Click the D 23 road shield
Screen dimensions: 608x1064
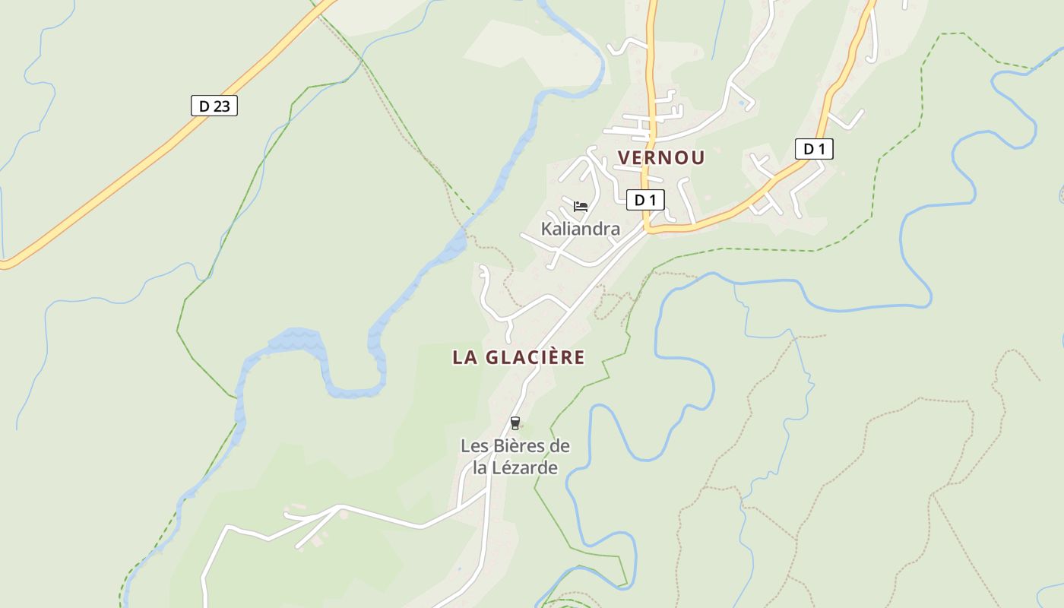point(214,106)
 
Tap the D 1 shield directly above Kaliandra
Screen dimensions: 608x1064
point(645,200)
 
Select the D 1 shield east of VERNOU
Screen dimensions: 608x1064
point(814,149)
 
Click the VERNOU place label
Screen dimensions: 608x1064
point(661,158)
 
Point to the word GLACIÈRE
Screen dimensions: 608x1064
point(535,357)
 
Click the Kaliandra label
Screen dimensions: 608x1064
point(580,229)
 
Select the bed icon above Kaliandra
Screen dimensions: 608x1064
point(581,206)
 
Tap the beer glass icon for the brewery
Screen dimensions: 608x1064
point(515,423)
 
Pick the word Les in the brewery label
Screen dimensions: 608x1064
point(473,446)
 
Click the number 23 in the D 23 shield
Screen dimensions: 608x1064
point(220,106)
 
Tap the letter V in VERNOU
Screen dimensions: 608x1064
point(624,158)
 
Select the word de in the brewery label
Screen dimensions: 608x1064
point(559,446)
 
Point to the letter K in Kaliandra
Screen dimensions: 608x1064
point(546,229)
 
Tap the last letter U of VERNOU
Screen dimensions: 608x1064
point(698,158)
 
